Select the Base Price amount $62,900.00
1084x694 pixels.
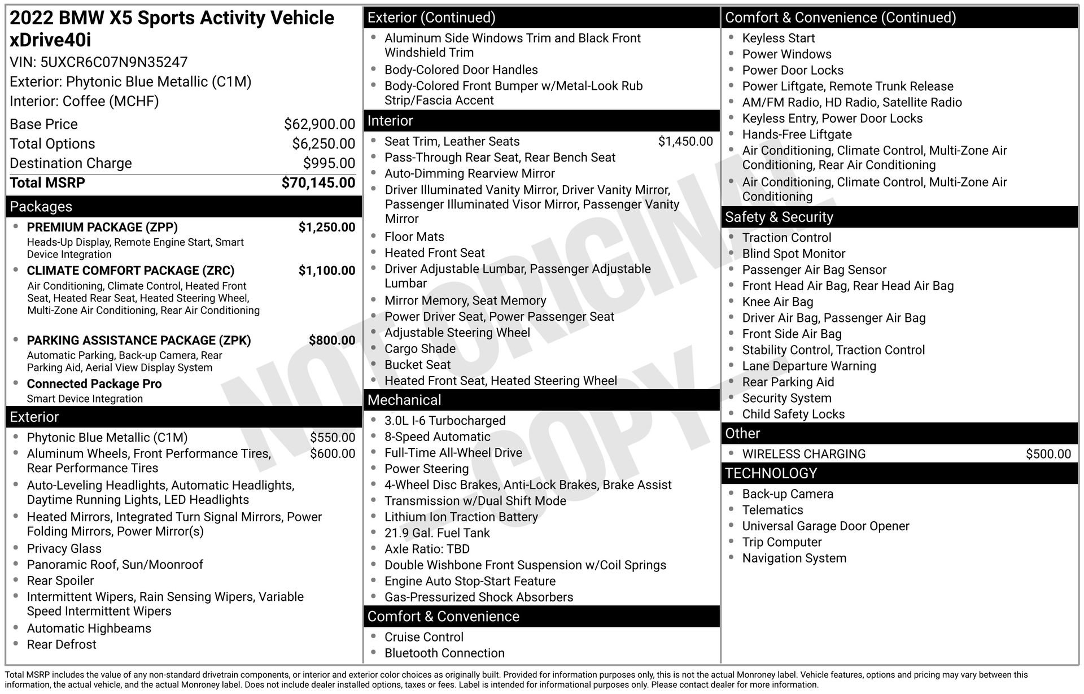320,124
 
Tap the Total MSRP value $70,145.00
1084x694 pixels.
318,183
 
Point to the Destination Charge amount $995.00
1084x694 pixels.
329,163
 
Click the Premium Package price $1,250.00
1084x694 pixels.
327,227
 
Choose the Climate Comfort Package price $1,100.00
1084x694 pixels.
327,270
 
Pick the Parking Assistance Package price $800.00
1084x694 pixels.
332,341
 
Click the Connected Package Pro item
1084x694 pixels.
94,384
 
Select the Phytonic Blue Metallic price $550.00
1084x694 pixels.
333,438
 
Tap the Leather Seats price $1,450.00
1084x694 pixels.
685,142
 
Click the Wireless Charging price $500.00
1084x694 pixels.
1048,454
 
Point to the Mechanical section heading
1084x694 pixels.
404,400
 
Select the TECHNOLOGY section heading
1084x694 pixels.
771,473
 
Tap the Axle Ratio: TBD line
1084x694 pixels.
427,549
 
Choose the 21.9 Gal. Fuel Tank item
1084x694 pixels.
437,533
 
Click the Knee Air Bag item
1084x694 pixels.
777,302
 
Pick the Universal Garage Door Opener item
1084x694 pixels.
825,526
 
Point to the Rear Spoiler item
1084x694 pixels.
60,580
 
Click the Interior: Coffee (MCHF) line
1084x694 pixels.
84,102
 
